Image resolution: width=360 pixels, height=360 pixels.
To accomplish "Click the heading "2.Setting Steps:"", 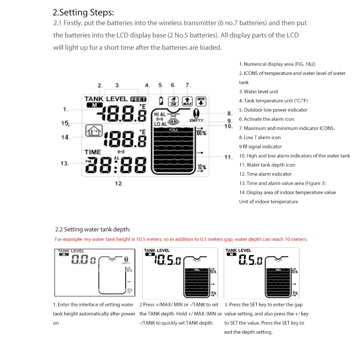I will [x=83, y=13].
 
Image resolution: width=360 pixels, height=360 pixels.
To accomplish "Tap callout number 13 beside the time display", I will [x=64, y=163].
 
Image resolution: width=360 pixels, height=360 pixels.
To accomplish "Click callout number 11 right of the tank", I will [x=228, y=157].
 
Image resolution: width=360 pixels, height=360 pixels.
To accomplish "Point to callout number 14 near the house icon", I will [x=65, y=137].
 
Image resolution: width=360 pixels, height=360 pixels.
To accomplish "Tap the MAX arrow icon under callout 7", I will [x=187, y=101].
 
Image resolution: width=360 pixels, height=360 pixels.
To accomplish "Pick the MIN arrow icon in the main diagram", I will [x=202, y=101].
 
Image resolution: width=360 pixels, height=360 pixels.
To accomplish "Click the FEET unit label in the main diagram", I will [x=139, y=99].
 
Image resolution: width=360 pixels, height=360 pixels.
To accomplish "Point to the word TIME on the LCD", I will [x=93, y=152].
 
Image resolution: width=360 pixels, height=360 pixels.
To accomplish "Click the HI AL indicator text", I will [x=160, y=114].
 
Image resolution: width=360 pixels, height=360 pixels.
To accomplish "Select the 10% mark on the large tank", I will [x=202, y=167].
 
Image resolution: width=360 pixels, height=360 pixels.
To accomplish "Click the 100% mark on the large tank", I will [x=201, y=132].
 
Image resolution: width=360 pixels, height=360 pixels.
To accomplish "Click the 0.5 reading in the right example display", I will [x=251, y=260].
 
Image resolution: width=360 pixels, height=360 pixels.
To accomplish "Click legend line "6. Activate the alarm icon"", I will [x=266, y=119].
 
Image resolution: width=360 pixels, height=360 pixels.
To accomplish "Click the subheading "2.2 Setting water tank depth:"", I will [x=93, y=229].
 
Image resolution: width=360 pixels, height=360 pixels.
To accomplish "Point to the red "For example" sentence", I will [x=181, y=239].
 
